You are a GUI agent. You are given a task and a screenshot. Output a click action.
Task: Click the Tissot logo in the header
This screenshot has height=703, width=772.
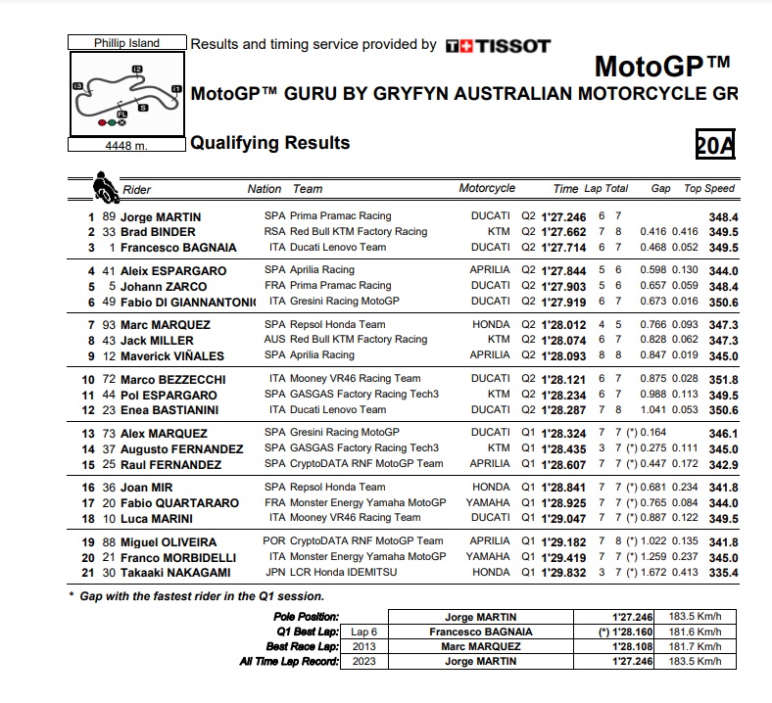(x=498, y=45)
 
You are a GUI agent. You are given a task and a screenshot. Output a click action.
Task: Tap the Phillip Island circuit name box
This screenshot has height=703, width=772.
(x=126, y=43)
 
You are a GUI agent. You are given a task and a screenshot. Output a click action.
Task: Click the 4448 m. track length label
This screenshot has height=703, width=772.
(x=126, y=146)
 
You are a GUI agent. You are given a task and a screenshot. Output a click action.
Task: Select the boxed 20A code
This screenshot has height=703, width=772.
(x=714, y=145)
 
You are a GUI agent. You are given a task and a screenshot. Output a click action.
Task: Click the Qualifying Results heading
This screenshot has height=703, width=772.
(x=269, y=143)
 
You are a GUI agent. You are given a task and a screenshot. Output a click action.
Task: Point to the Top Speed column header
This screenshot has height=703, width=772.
(x=708, y=189)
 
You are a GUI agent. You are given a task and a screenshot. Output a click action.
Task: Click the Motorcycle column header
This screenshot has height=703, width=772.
(x=487, y=189)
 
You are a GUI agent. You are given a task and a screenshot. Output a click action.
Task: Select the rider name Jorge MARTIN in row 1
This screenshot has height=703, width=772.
(x=161, y=216)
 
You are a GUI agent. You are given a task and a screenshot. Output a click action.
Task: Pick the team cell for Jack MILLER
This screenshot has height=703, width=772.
(x=359, y=340)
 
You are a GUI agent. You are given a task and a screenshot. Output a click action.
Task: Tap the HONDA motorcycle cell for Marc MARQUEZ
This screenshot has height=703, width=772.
(x=490, y=324)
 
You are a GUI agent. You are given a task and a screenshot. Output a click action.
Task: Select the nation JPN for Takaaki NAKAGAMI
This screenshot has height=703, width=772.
(x=275, y=573)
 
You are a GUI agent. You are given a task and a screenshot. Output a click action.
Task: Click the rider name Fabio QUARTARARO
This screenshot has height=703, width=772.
(x=179, y=503)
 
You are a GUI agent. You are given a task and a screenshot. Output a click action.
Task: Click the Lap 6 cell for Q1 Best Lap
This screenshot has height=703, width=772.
(x=364, y=632)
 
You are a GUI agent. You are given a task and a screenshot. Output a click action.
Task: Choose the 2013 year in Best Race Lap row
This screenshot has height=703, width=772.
(x=364, y=646)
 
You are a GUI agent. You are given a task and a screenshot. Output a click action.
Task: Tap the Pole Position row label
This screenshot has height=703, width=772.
(x=307, y=617)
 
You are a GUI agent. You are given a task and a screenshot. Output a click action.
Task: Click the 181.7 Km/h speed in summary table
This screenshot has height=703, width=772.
(x=695, y=646)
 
